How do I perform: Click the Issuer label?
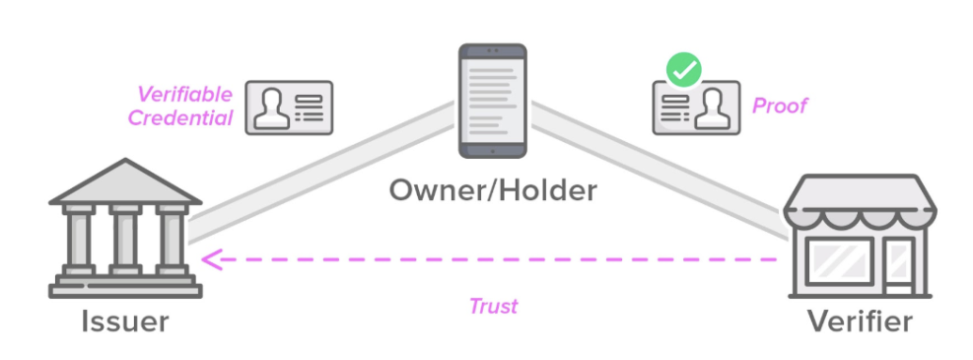point(125,323)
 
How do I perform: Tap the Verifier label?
point(860,323)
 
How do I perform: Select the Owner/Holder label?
point(493,190)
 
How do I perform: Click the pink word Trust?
point(493,306)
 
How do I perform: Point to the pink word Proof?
point(780,106)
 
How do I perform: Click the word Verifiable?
point(184,95)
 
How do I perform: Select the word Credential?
point(180,118)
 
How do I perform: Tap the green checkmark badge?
point(684,71)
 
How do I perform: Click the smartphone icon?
point(493,101)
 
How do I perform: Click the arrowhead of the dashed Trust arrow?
point(211,258)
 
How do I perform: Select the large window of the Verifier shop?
point(840,260)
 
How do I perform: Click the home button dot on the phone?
point(493,151)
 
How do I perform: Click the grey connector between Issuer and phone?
point(322,172)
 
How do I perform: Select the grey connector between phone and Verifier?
point(659,170)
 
